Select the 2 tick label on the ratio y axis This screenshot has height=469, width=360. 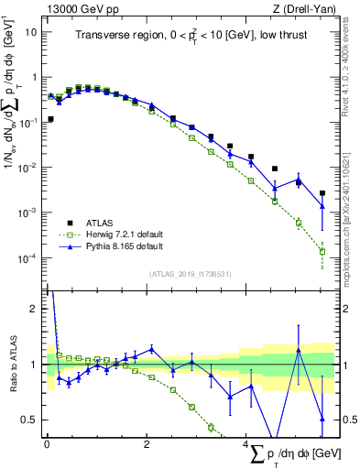pos(36,309)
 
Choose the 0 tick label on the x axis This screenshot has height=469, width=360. pos(47,443)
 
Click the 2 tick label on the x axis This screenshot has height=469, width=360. pos(147,443)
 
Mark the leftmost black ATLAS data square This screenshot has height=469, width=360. pos(50,119)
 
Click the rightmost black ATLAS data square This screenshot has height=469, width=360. pos(322,193)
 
